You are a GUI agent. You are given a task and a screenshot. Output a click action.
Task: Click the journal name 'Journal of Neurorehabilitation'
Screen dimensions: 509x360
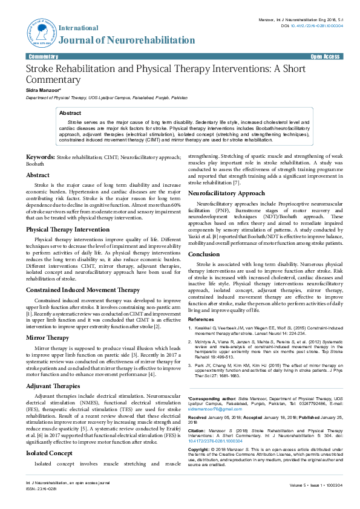(x=123, y=41)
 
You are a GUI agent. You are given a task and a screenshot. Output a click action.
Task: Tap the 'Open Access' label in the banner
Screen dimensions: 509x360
(x=325, y=56)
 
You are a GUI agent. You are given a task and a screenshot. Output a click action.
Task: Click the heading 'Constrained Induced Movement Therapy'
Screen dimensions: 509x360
(x=83, y=290)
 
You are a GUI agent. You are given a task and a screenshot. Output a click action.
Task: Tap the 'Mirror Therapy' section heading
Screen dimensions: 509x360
(x=47, y=337)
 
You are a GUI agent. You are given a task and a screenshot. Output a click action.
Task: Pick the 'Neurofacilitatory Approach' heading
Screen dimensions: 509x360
(x=226, y=193)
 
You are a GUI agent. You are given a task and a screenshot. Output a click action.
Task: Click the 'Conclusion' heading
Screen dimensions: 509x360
(x=204, y=254)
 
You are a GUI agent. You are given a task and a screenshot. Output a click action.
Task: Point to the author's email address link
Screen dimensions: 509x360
(x=212, y=409)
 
